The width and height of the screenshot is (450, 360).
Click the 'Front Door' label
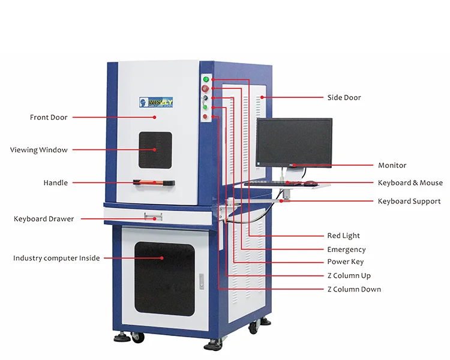click(49, 118)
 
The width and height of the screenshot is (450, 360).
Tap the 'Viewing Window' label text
click(39, 150)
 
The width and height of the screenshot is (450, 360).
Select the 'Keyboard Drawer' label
click(44, 219)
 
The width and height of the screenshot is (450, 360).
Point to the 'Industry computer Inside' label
click(56, 258)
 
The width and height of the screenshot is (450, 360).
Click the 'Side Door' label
click(344, 97)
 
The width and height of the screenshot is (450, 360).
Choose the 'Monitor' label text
click(392, 165)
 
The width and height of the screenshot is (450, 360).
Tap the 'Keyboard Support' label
click(409, 201)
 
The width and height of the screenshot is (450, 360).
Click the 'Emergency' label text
click(346, 250)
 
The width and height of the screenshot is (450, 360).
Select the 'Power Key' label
click(345, 262)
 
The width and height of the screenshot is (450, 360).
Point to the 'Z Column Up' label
click(349, 275)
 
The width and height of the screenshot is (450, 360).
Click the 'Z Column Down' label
click(353, 289)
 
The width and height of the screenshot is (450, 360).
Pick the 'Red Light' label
click(343, 236)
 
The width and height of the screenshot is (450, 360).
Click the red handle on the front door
click(153, 182)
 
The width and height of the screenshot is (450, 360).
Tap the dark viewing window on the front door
click(155, 150)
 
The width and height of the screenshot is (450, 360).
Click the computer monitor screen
click(294, 142)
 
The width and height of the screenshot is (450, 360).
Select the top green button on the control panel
click(206, 79)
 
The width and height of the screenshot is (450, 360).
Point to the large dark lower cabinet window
click(164, 279)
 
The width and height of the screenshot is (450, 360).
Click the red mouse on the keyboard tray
click(310, 183)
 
